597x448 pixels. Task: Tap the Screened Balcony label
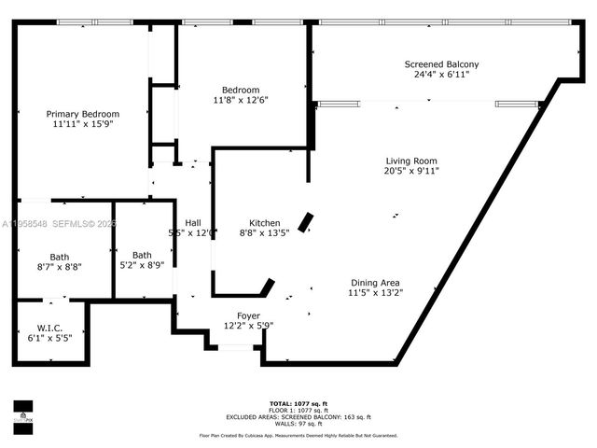(x=441, y=64)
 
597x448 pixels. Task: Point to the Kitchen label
(x=265, y=223)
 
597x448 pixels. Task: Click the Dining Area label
(x=376, y=283)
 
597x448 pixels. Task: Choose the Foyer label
(x=248, y=315)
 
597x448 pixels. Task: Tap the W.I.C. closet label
(x=49, y=327)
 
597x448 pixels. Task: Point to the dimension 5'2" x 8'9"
(x=142, y=265)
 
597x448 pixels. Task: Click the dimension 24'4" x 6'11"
(x=441, y=75)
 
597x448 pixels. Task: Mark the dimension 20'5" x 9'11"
(x=410, y=171)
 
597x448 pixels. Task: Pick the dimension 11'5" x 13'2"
(x=376, y=293)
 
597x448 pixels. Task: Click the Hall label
(x=193, y=222)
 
